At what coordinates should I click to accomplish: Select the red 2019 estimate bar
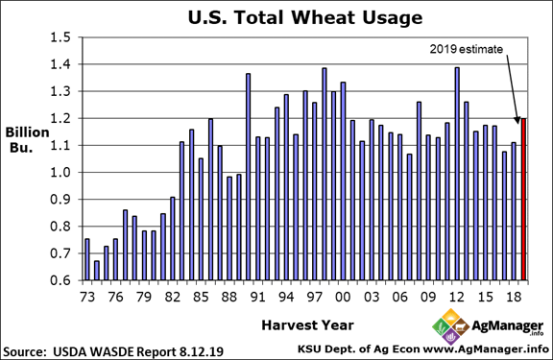(x=523, y=199)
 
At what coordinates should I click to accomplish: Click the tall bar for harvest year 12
(x=457, y=173)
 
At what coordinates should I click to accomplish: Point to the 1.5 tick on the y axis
(x=61, y=37)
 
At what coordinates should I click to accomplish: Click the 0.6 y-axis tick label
(x=61, y=279)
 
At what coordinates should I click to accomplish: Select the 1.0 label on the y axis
(x=61, y=172)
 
